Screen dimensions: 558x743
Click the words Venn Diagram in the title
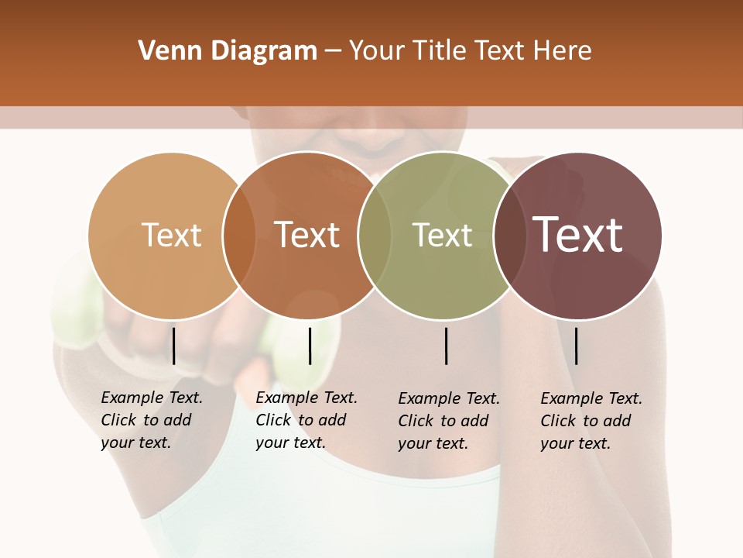coord(228,51)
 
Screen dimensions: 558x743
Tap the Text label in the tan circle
coord(171,235)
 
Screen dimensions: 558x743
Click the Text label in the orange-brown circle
coord(307,235)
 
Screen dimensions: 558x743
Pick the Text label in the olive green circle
coord(442,235)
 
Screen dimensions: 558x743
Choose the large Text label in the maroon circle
coord(578,235)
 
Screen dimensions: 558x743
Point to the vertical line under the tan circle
coord(173,346)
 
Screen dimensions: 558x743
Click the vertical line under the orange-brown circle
coord(310,346)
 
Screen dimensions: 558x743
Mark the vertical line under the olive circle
coord(446,346)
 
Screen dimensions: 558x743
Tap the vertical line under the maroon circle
coord(577,346)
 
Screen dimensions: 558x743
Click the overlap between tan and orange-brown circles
coord(239,236)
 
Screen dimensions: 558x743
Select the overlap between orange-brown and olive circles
coord(375,236)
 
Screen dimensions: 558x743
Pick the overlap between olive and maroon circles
coord(509,236)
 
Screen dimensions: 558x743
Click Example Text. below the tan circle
coord(152,398)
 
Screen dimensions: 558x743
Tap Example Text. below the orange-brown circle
coord(306,398)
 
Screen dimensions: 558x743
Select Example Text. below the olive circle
coord(449,398)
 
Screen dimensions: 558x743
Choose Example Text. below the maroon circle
coord(591,398)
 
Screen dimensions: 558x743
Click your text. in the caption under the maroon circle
coord(575,443)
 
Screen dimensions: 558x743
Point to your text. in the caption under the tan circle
coord(135,443)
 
